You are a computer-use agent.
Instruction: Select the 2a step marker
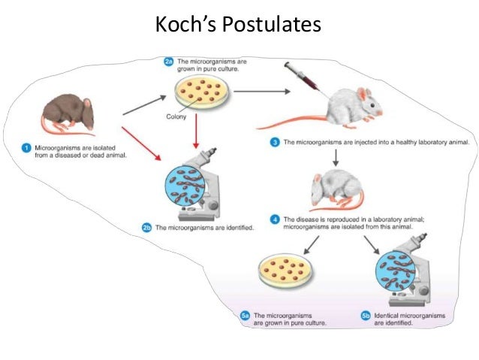(x=169, y=60)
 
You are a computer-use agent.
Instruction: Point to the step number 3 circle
(x=275, y=142)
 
